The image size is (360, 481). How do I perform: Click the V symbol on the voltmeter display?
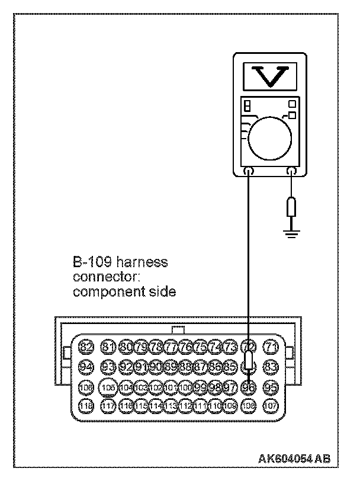point(270,76)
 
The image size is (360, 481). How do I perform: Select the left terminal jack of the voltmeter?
point(249,172)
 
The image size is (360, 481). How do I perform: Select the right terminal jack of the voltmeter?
point(291,172)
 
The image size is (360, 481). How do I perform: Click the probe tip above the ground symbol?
point(291,209)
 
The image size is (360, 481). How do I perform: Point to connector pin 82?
point(86,347)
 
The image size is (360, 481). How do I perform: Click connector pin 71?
point(271,347)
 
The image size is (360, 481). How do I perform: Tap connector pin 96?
point(249,387)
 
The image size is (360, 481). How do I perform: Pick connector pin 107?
point(271,406)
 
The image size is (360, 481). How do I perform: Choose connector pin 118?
point(86,406)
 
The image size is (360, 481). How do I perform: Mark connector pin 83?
point(271,367)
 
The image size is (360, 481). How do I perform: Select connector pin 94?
point(86,367)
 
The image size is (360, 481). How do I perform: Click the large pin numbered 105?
point(108,387)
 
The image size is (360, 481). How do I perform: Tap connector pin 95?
point(271,387)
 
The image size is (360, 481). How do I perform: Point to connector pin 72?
point(249,347)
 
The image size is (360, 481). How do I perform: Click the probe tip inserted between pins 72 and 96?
point(249,367)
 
